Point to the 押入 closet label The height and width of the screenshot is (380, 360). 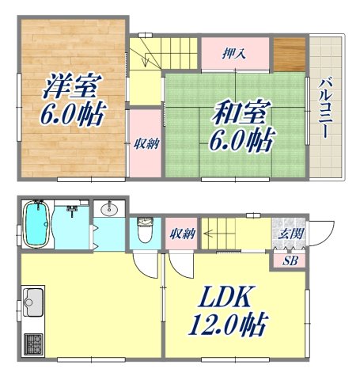(x=233, y=54)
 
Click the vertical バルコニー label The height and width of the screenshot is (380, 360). (x=325, y=106)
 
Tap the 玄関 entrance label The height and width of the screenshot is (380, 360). (x=287, y=234)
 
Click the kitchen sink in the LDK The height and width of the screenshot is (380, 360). (x=33, y=301)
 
